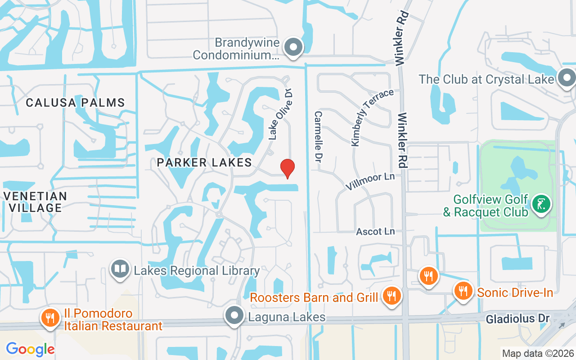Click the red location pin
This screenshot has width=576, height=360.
click(x=288, y=168)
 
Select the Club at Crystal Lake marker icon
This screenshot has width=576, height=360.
click(x=567, y=79)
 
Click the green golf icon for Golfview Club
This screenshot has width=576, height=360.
click(x=541, y=204)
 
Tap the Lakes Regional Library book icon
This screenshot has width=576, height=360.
click(x=120, y=270)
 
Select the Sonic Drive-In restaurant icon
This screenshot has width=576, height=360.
click(x=463, y=290)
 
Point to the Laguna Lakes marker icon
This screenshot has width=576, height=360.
click(x=234, y=316)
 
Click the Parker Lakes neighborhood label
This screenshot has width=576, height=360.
click(x=204, y=162)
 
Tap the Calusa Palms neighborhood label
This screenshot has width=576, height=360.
click(x=75, y=103)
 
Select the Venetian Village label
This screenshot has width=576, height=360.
click(x=34, y=202)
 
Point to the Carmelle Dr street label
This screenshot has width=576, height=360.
click(x=319, y=137)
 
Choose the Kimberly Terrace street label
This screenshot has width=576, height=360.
click(x=372, y=117)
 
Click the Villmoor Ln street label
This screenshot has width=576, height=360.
click(x=370, y=181)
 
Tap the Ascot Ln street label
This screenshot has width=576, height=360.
click(x=375, y=231)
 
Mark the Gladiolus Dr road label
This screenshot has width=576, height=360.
click(x=517, y=319)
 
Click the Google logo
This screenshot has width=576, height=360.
click(x=30, y=349)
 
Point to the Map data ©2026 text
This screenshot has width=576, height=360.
click(x=538, y=353)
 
